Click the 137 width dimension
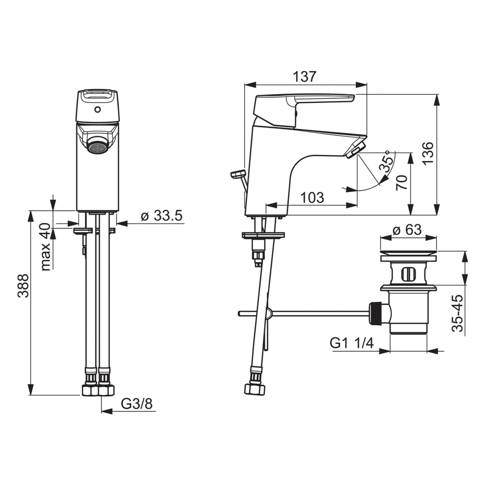click(305, 77)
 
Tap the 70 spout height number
click(402, 183)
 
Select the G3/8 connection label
click(137, 404)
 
